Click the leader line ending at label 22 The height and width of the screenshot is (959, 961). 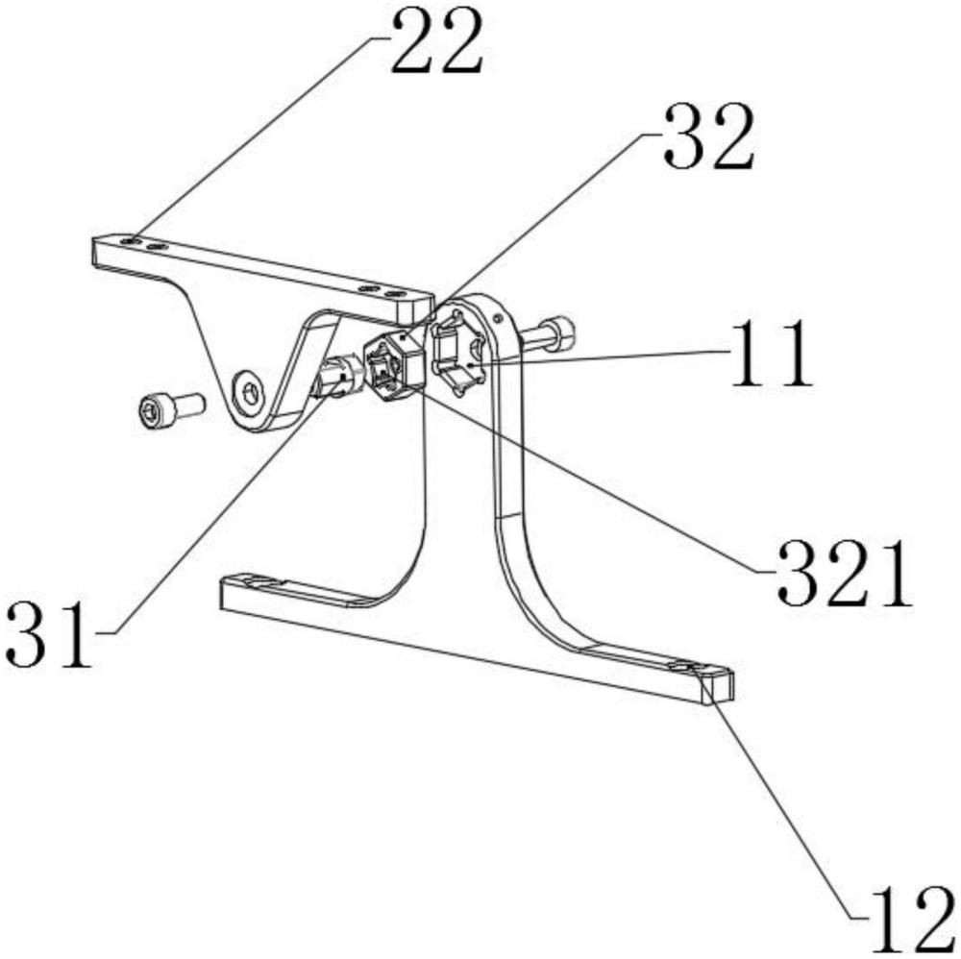[259, 135]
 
